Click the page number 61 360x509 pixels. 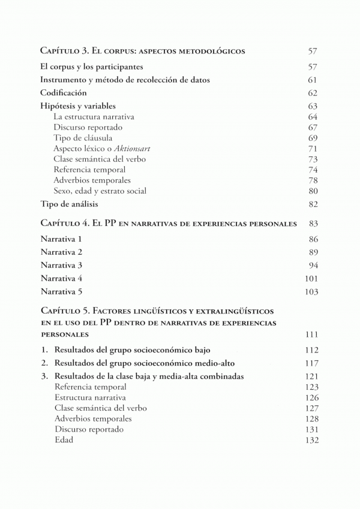[x=312, y=80]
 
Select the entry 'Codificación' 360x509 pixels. [x=64, y=93]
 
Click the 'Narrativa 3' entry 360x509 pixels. [x=61, y=265]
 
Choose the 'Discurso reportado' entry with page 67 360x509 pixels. [x=88, y=127]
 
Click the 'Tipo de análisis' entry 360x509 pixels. [x=70, y=204]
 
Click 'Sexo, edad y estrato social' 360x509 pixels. [x=100, y=191]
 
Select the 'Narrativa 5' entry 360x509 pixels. [x=61, y=292]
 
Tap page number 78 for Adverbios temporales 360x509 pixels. [x=312, y=180]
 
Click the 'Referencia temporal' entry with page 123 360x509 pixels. [x=90, y=387]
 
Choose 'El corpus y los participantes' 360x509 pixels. [x=95, y=67]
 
